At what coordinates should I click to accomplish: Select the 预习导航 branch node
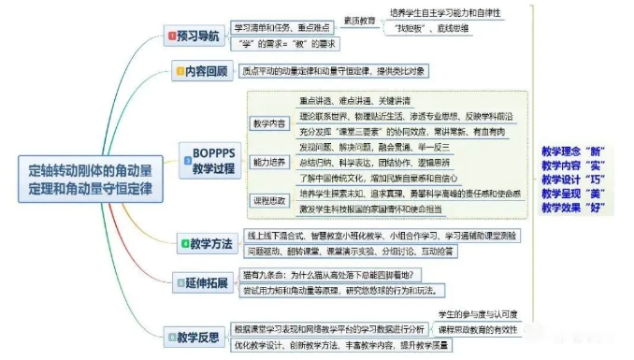[x=195, y=36]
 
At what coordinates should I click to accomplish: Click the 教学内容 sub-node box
[x=269, y=122]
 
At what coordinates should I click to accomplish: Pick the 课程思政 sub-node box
[x=269, y=200]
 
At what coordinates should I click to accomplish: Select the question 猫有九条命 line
[x=332, y=274]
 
